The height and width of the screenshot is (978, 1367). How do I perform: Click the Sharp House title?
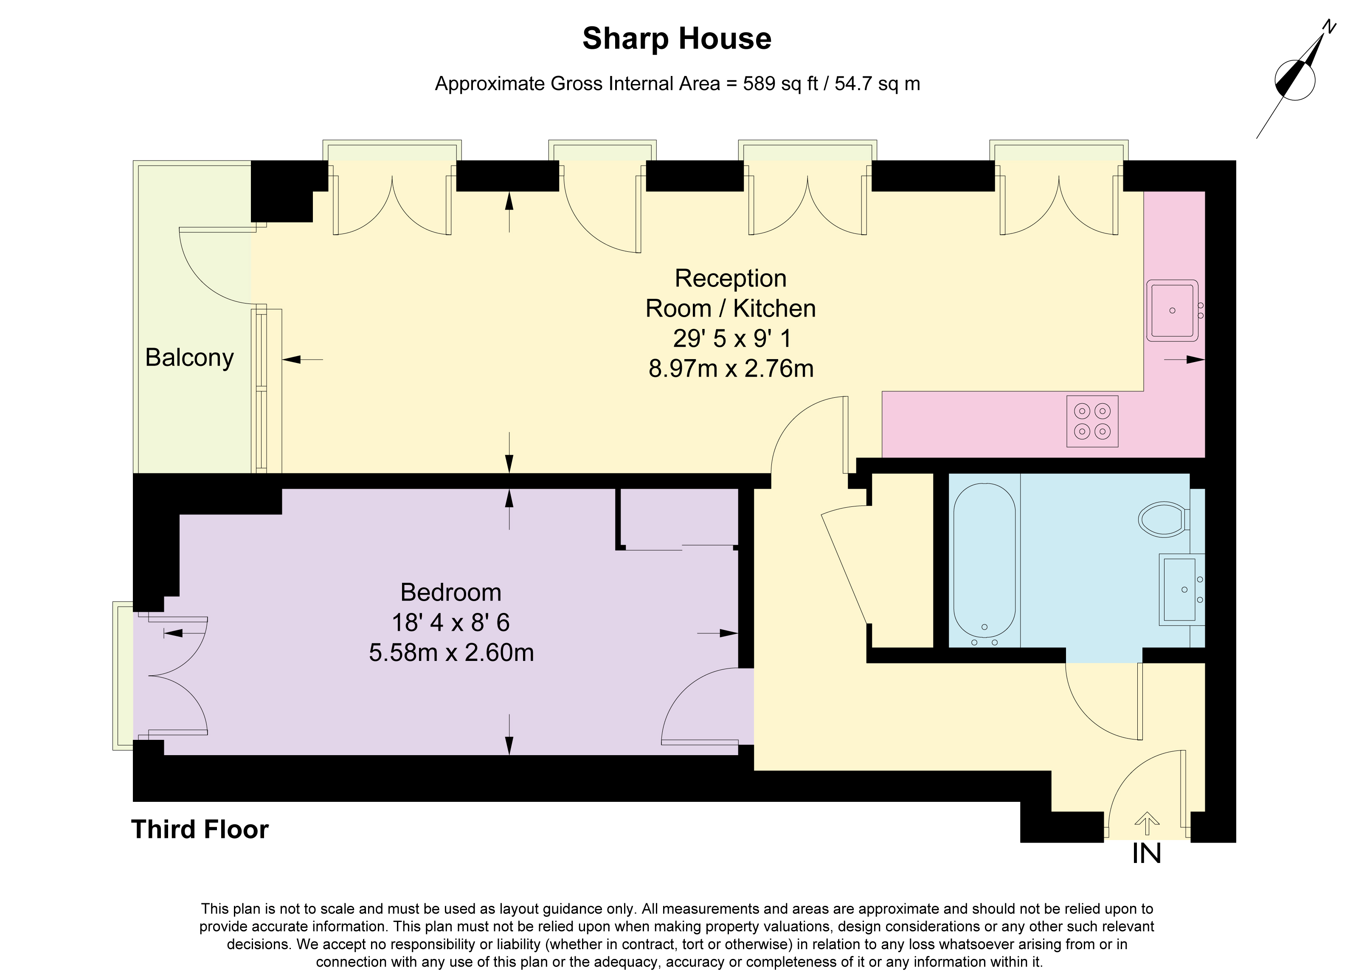tap(676, 39)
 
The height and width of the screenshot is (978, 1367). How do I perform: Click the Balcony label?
tap(189, 358)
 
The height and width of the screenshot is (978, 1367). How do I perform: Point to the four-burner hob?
tap(1092, 421)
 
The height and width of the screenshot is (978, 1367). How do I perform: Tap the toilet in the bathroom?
tap(1163, 519)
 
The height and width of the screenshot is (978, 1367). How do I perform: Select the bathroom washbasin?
tap(1181, 590)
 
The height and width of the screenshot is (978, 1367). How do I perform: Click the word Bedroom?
tap(450, 593)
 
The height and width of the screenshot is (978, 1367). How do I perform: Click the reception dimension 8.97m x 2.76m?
tap(731, 368)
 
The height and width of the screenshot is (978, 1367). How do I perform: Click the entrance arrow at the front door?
tap(1147, 823)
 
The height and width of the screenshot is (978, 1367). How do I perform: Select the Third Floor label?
tap(200, 829)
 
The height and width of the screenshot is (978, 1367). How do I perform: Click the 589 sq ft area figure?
tap(780, 84)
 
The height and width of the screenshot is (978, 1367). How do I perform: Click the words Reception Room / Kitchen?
tap(731, 293)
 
